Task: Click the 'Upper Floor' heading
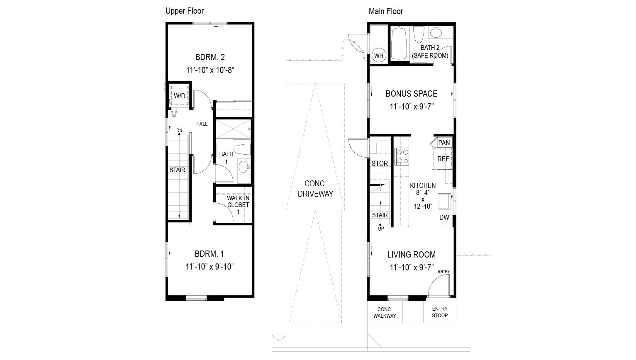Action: (185, 11)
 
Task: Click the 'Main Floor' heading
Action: (386, 11)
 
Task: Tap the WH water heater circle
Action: (379, 56)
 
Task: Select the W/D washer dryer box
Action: (180, 96)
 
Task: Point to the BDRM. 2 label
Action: (210, 57)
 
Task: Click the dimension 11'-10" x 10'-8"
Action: (210, 70)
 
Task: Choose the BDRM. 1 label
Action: (210, 254)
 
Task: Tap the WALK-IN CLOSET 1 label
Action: (238, 205)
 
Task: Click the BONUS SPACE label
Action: (411, 94)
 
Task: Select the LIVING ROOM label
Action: (411, 255)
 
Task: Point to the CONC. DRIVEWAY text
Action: (315, 188)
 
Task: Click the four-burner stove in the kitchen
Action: (402, 156)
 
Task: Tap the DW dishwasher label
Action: (444, 218)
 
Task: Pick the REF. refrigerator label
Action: (443, 159)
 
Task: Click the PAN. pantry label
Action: (444, 143)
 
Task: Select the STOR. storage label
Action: (380, 163)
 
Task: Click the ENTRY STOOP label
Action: (440, 312)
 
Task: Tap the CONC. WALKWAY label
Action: (385, 313)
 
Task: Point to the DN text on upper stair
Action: (179, 131)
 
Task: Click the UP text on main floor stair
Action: (380, 228)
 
